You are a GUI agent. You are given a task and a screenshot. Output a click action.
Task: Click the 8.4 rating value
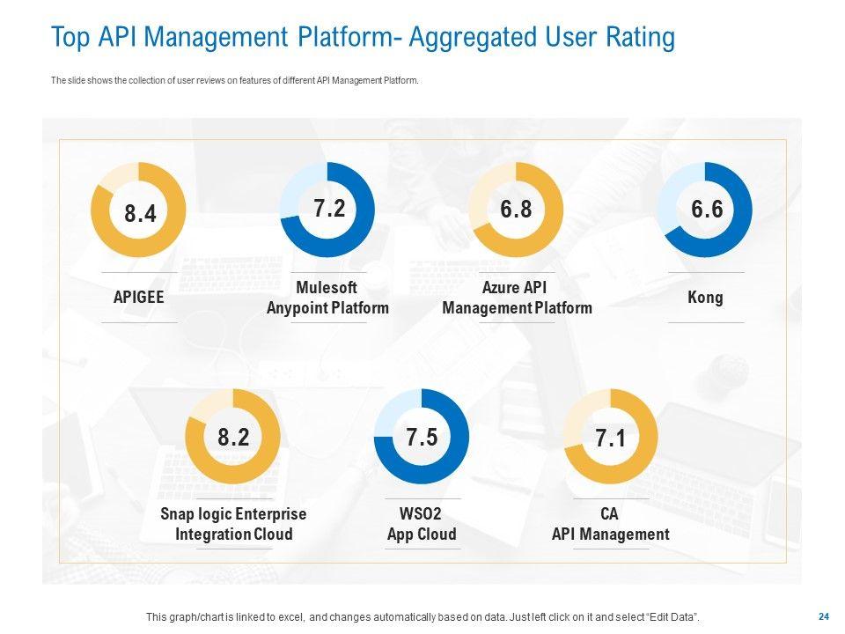click(x=140, y=213)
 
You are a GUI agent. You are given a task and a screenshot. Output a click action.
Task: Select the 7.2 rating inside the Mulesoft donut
click(x=328, y=209)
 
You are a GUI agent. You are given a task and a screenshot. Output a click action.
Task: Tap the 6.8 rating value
click(x=517, y=209)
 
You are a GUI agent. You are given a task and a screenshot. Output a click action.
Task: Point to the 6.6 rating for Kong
click(x=706, y=209)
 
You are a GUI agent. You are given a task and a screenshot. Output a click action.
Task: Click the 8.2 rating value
click(x=233, y=438)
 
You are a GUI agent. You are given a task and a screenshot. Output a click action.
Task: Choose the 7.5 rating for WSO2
click(x=422, y=438)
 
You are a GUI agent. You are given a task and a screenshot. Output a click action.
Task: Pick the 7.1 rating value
click(x=610, y=438)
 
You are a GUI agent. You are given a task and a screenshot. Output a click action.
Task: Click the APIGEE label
click(x=139, y=298)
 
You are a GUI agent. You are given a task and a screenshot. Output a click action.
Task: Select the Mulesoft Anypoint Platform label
click(x=327, y=298)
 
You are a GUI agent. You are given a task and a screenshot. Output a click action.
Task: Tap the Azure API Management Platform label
click(x=517, y=298)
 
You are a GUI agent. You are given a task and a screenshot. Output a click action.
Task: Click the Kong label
click(x=705, y=298)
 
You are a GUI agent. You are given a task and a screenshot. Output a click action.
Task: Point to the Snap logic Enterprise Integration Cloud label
click(x=233, y=524)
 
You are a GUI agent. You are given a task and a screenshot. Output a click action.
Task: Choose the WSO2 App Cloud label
click(x=422, y=524)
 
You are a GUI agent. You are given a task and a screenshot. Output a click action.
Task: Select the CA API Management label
click(x=610, y=524)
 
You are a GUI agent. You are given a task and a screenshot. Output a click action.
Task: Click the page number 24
click(x=824, y=616)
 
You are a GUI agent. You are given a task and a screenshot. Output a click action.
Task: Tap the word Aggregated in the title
click(x=481, y=38)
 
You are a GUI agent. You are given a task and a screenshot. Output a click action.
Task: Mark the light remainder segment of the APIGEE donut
click(x=115, y=175)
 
